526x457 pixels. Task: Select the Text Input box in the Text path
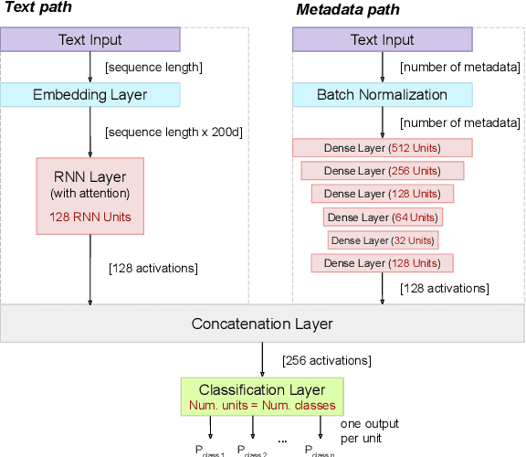pyautogui.click(x=90, y=39)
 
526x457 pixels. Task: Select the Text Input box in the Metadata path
pyautogui.click(x=383, y=39)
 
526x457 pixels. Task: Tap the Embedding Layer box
pyautogui.click(x=90, y=95)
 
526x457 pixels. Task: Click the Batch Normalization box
pyautogui.click(x=383, y=95)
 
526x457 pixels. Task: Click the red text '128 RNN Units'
pyautogui.click(x=90, y=217)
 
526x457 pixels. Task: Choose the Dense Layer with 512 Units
pyautogui.click(x=383, y=148)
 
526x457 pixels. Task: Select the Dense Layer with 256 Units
pyautogui.click(x=383, y=171)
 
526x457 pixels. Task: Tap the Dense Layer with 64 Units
pyautogui.click(x=383, y=217)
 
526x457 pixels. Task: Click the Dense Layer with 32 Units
pyautogui.click(x=383, y=240)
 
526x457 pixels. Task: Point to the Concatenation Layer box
pyautogui.click(x=262, y=324)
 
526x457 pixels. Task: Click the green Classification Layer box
pyautogui.click(x=262, y=397)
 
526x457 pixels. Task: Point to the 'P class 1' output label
pyautogui.click(x=209, y=449)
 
